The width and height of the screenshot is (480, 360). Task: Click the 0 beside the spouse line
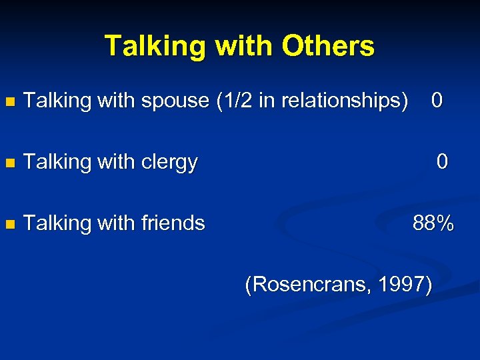[x=437, y=101]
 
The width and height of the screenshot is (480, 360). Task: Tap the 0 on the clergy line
[x=442, y=161]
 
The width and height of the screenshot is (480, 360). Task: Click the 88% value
[x=433, y=223]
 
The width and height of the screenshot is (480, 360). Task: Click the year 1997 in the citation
[x=402, y=285]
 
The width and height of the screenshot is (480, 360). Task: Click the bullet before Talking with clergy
[x=9, y=163]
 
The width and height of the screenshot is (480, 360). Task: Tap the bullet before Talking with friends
[x=9, y=223]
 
